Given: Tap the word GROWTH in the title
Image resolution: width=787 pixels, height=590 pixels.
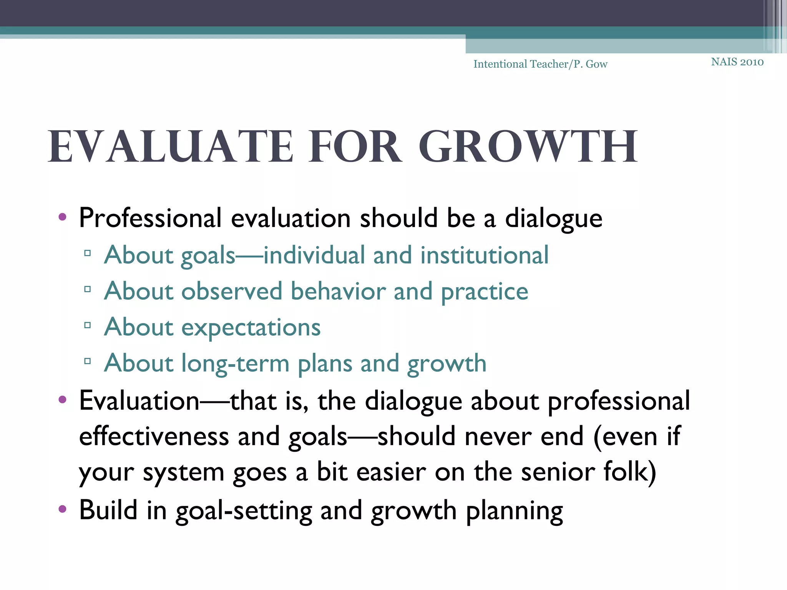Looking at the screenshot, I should tap(528, 147).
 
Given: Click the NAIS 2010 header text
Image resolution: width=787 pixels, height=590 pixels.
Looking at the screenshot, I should tap(737, 62).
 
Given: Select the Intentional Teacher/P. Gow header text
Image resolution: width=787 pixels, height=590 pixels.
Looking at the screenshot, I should tap(540, 64).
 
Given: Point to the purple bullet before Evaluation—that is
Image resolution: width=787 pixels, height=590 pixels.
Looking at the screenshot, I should tap(62, 400).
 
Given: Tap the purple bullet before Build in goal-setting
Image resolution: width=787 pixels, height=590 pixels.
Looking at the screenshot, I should tap(62, 509).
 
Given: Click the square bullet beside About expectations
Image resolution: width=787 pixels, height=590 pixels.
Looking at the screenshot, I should tap(88, 325).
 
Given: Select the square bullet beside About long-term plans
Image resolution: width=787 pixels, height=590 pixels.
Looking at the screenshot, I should tap(88, 361).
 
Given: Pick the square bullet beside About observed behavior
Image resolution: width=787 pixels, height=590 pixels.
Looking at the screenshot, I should tap(88, 289).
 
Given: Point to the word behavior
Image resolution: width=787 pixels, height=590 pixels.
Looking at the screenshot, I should tap(338, 291).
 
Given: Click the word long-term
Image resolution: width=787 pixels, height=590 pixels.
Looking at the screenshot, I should tap(235, 364).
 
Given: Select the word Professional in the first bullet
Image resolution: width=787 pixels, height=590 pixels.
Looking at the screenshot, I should tap(150, 218).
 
